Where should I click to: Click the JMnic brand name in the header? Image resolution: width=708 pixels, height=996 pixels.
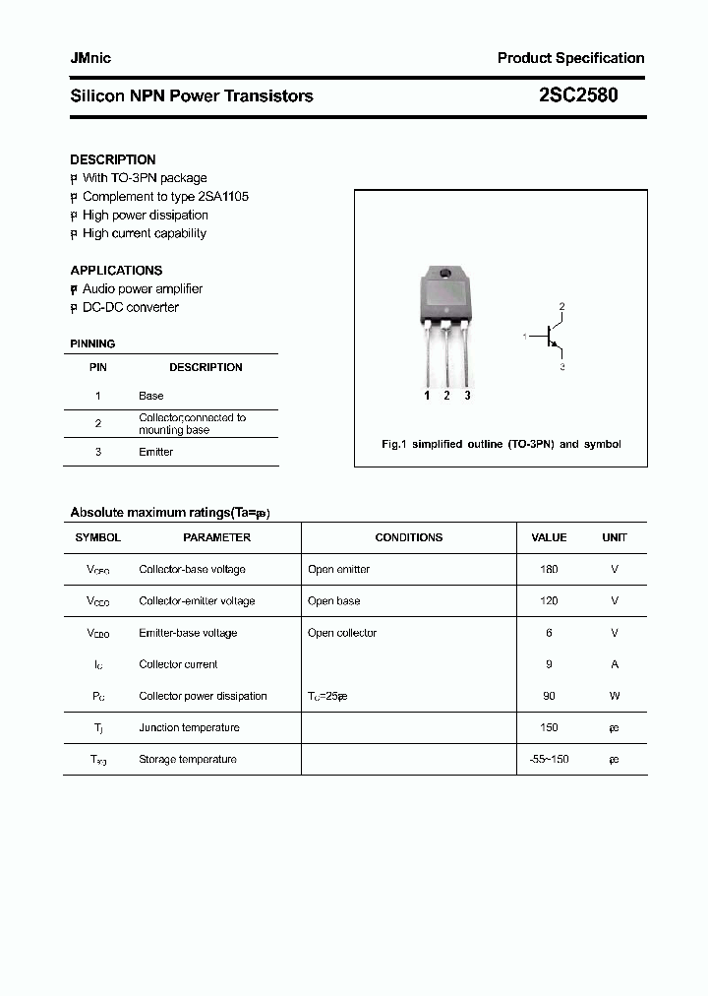(90, 58)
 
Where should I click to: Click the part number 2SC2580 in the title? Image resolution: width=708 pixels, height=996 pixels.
(579, 95)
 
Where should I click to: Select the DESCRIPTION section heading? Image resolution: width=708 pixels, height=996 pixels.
(112, 159)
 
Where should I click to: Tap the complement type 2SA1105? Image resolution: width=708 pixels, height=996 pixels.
(216, 196)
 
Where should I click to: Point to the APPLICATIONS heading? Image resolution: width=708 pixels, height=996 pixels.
(116, 270)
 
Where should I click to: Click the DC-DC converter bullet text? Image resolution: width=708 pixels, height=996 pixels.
(130, 307)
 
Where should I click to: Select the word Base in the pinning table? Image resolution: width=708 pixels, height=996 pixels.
(150, 396)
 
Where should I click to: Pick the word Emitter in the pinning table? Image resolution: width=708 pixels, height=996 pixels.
(155, 452)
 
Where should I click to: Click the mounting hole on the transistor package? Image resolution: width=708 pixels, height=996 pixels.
(445, 273)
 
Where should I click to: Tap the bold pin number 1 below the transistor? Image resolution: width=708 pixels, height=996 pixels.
(427, 396)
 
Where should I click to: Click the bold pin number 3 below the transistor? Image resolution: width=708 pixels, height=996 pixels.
(467, 396)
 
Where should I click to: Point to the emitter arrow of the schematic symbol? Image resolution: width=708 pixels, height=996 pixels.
(556, 347)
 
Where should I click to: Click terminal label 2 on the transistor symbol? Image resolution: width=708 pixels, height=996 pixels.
(561, 307)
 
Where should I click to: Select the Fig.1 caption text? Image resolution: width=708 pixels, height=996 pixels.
(501, 444)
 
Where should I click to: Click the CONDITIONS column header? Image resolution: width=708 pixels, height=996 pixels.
(408, 537)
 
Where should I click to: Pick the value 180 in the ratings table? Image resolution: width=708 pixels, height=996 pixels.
(549, 569)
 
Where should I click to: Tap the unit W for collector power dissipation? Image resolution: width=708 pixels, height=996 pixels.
(615, 696)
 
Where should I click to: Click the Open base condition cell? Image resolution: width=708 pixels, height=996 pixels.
(333, 600)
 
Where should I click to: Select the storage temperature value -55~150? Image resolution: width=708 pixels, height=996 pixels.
(549, 759)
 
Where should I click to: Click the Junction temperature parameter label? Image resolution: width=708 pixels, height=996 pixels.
(189, 727)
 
